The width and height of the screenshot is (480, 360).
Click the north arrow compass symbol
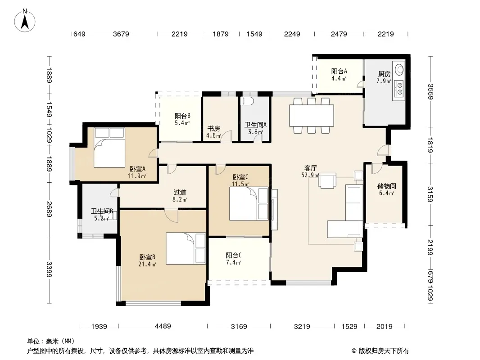pyautogui.click(x=25, y=20)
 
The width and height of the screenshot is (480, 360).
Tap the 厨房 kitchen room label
pyautogui.click(x=384, y=74)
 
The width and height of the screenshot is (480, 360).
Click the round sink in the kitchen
pyautogui.click(x=399, y=69)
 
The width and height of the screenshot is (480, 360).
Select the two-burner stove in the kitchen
pyautogui.click(x=399, y=88)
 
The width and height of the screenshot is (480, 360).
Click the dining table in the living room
pyautogui.click(x=312, y=116)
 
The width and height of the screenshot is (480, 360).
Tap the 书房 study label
pyautogui.click(x=213, y=129)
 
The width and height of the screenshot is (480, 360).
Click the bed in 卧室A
pyautogui.click(x=109, y=148)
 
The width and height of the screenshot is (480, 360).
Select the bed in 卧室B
pyautogui.click(x=186, y=248)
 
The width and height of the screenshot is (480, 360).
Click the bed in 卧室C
pyautogui.click(x=249, y=204)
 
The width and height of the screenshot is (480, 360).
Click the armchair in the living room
pyautogui.click(x=327, y=180)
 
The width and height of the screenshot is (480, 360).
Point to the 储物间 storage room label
pyautogui.click(x=386, y=186)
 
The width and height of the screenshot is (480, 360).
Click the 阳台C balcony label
pyautogui.click(x=234, y=256)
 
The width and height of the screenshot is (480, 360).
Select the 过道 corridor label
pyautogui.click(x=180, y=193)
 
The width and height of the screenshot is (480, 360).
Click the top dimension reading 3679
pyautogui.click(x=121, y=34)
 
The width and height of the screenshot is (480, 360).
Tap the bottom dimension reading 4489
pyautogui.click(x=163, y=326)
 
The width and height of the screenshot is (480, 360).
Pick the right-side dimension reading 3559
pyautogui.click(x=431, y=91)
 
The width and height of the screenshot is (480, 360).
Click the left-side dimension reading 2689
pyautogui.click(x=49, y=209)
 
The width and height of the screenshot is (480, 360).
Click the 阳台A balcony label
pyautogui.click(x=339, y=71)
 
